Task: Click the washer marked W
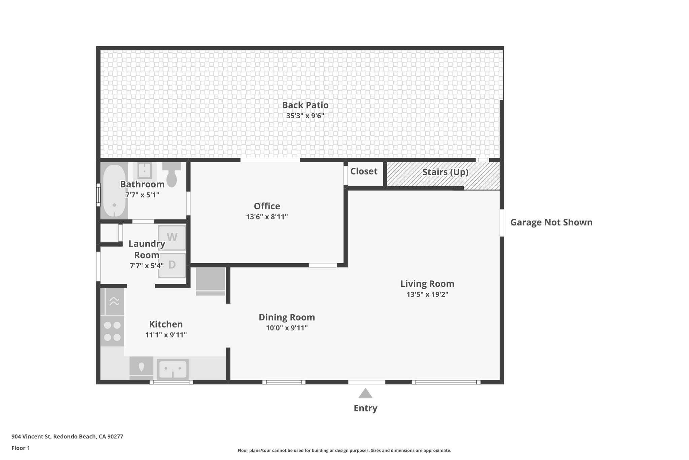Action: coord(172,237)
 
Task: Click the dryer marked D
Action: coord(172,265)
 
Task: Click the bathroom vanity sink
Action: coord(144,171)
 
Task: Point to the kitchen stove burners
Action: coord(112,331)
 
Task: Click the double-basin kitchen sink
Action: coord(173,369)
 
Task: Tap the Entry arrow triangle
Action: coord(365,394)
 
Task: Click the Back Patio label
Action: coord(305,105)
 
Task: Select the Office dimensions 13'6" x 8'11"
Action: coord(267,217)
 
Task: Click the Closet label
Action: coord(364,171)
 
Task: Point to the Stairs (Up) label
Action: coord(445,172)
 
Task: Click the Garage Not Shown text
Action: coord(551,222)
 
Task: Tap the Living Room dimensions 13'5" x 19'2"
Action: coord(427,294)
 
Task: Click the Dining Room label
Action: coord(287,317)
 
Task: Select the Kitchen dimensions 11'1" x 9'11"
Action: coord(166,335)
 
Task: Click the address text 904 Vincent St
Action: coord(67,436)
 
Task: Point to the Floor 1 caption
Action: coord(21,448)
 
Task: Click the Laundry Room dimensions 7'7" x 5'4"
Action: coord(147,266)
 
